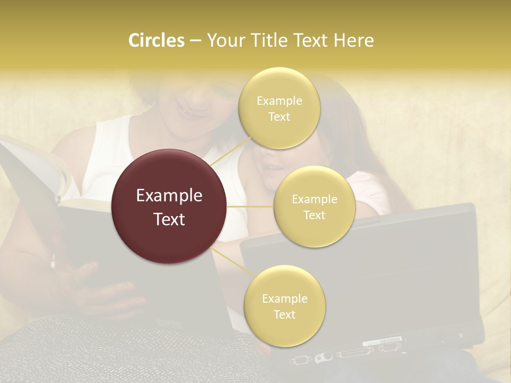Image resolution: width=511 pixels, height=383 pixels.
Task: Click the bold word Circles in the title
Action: (156, 40)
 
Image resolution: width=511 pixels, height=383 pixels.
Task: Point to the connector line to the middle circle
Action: (250, 206)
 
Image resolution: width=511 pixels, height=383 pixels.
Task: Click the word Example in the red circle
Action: (169, 196)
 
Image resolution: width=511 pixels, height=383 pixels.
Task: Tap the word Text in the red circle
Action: (169, 219)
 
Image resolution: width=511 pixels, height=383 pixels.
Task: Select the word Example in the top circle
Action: (279, 101)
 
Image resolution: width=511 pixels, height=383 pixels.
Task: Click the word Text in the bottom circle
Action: (284, 314)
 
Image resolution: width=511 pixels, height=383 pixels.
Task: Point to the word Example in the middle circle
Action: (315, 199)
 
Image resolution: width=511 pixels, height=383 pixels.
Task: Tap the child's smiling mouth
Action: (271, 168)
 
